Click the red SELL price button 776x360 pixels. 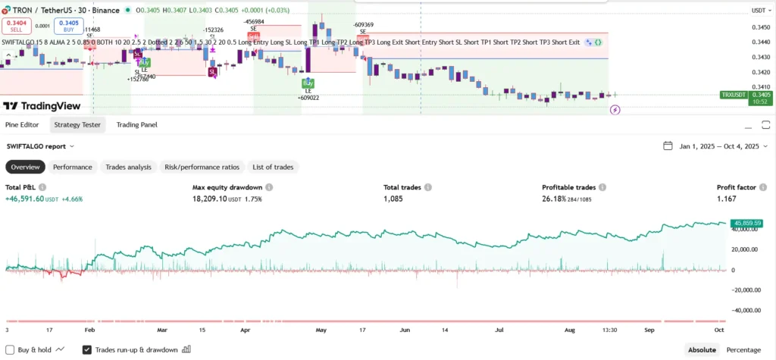pos(15,25)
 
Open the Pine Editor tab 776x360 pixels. pos(22,124)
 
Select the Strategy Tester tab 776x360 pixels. pos(77,124)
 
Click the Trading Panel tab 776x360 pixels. pos(137,124)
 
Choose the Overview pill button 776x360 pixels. pos(25,167)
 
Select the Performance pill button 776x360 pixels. pos(72,167)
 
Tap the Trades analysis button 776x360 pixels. pos(128,167)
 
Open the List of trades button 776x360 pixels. pos(274,167)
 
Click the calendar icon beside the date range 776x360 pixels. pos(668,146)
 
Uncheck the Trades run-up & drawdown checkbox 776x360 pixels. pos(87,349)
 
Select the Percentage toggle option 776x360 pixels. pos(743,349)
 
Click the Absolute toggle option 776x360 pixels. pos(701,349)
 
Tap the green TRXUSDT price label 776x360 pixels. pos(733,95)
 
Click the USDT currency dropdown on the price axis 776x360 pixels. pos(759,11)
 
